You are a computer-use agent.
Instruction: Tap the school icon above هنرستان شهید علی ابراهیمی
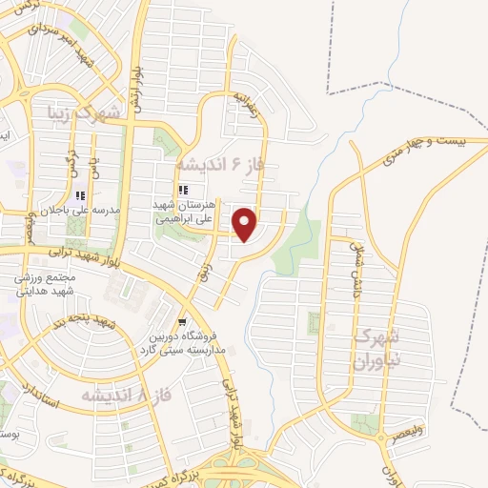pos(185,188)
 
